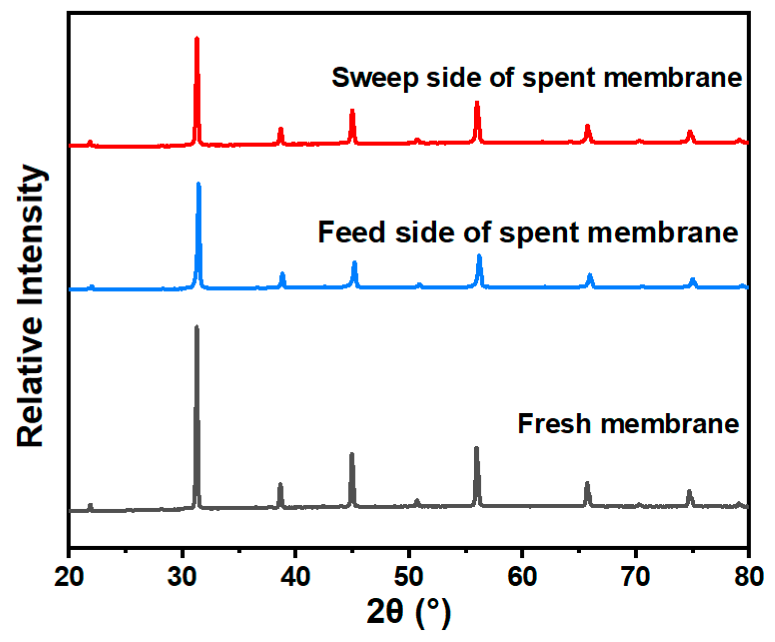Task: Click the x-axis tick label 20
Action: [x=68, y=577]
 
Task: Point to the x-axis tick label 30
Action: [x=182, y=577]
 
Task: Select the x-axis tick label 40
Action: [x=295, y=577]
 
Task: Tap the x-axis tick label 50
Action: [x=408, y=577]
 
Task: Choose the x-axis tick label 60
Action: [x=522, y=577]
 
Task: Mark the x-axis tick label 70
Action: [x=635, y=577]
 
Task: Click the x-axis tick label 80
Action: [x=748, y=577]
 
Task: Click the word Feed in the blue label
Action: [x=351, y=232]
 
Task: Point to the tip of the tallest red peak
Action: [x=197, y=38]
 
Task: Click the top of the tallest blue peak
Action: [x=198, y=184]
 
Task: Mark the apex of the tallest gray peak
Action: [x=197, y=327]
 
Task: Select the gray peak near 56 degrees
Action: [x=476, y=448]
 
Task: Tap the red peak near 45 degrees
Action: [x=352, y=111]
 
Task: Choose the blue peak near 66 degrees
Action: [x=590, y=275]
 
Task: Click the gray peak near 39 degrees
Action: [x=280, y=484]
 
